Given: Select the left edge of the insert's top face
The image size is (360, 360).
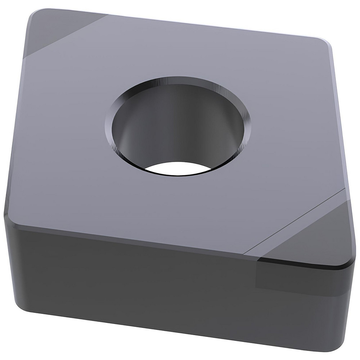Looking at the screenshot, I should point(18,119).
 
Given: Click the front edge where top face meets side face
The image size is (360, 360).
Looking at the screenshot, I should point(133,241).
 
